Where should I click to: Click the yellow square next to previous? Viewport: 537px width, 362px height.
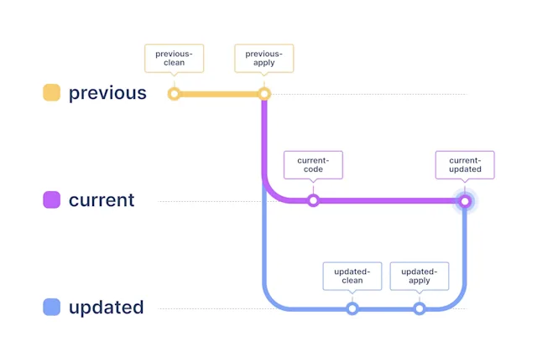coord(51,93)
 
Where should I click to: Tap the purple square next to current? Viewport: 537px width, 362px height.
coord(51,200)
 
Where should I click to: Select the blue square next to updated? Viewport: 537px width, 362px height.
coord(51,308)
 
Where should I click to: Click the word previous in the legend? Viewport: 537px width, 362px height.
coord(107,93)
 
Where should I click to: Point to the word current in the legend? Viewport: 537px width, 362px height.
coord(102,200)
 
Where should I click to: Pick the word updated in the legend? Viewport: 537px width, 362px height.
coord(107,308)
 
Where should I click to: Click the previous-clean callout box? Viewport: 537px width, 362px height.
coord(174,58)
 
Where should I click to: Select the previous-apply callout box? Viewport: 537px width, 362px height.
coord(263,58)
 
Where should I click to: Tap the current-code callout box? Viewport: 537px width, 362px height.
coord(313,164)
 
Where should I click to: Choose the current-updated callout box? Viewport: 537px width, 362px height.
coord(465,164)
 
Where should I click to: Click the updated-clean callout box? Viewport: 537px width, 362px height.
coord(352,276)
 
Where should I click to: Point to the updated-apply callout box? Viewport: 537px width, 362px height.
coord(420,276)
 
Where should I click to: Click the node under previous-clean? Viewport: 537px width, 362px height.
coord(174,94)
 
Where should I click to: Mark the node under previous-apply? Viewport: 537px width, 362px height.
coord(263,94)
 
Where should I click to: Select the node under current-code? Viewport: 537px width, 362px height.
coord(313,200)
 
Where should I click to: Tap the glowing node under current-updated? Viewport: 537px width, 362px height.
coord(465,200)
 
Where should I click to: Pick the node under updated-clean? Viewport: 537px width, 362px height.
coord(352,308)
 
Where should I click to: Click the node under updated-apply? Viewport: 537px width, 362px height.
coord(420,308)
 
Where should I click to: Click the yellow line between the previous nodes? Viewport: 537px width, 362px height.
coord(218,94)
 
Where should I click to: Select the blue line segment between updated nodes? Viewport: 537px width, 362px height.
coord(386,308)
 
